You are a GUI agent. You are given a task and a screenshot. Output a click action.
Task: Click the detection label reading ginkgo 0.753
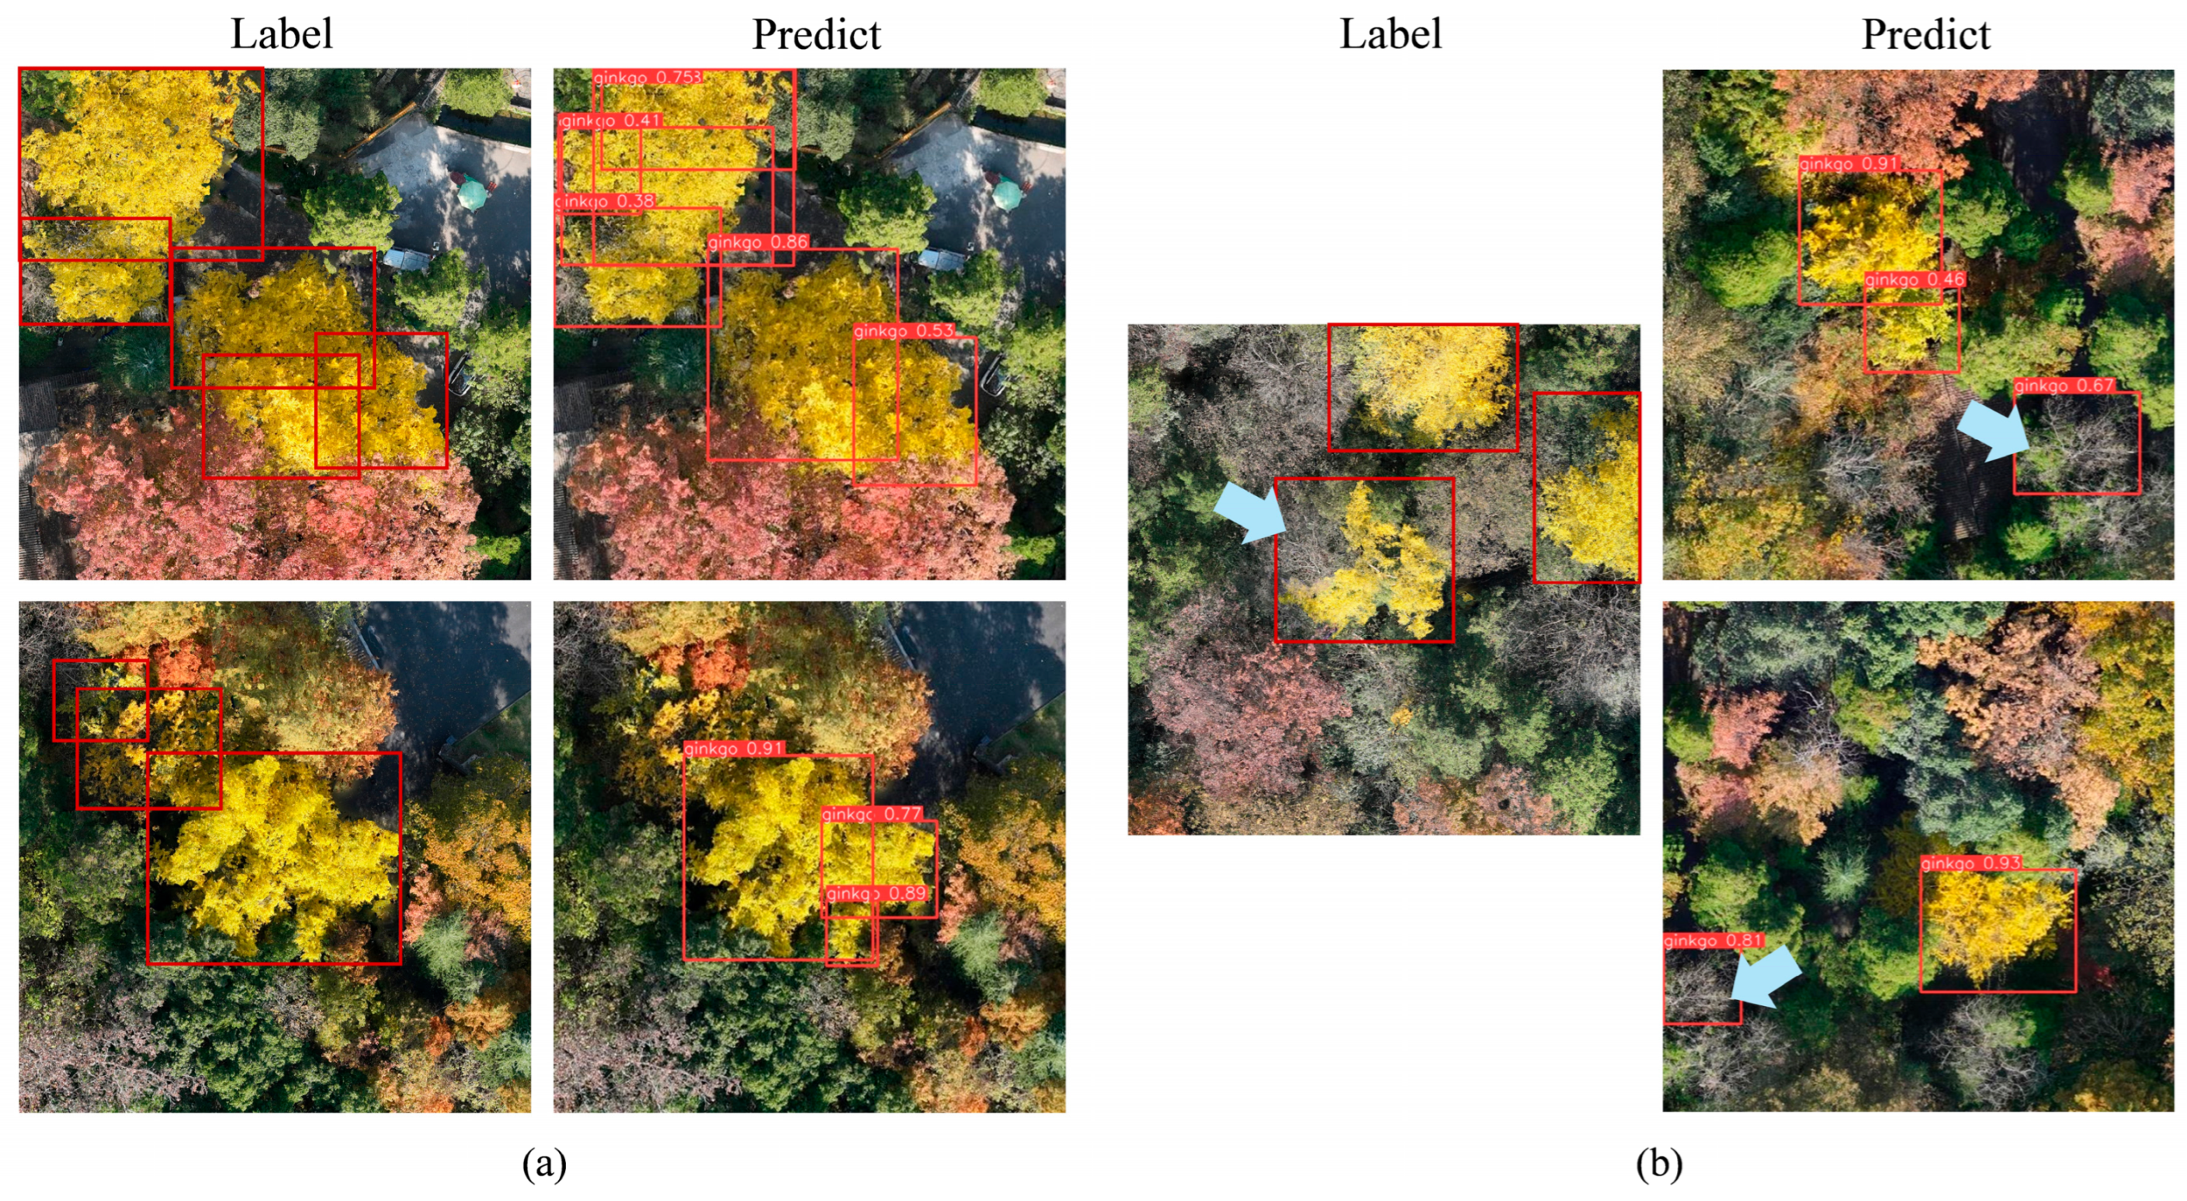pos(647,77)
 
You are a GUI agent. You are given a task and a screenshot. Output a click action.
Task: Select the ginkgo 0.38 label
pos(605,201)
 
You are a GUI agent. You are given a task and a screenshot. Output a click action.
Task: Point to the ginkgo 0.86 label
pos(757,242)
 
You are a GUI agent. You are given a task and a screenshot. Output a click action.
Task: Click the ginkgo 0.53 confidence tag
pos(904,330)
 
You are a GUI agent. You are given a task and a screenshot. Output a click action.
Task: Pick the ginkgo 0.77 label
pos(871,813)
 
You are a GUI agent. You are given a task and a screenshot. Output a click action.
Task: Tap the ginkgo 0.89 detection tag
pos(875,893)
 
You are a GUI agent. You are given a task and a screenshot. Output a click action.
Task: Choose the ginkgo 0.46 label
pos(1914,279)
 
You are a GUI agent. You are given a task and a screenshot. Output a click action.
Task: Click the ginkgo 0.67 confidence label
pos(2064,385)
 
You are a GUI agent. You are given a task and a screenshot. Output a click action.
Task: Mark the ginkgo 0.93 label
pos(1970,863)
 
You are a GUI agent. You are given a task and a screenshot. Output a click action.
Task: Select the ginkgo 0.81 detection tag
pos(1713,940)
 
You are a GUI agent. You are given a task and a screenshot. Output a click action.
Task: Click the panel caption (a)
pos(544,1164)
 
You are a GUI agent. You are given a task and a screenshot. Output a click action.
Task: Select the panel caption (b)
pos(1659,1164)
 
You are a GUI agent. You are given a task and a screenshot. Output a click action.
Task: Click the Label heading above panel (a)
pos(282,34)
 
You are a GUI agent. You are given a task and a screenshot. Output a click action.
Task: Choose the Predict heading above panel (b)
pos(1925,34)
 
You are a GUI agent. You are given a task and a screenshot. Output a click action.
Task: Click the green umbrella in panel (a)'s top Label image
pos(472,195)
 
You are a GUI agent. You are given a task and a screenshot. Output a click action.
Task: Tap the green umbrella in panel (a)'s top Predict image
pos(1007,194)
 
